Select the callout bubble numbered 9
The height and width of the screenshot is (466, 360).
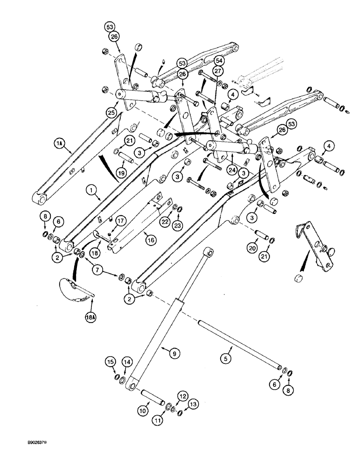click(173, 355)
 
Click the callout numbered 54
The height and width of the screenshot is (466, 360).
click(219, 61)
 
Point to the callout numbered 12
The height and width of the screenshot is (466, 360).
click(183, 396)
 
